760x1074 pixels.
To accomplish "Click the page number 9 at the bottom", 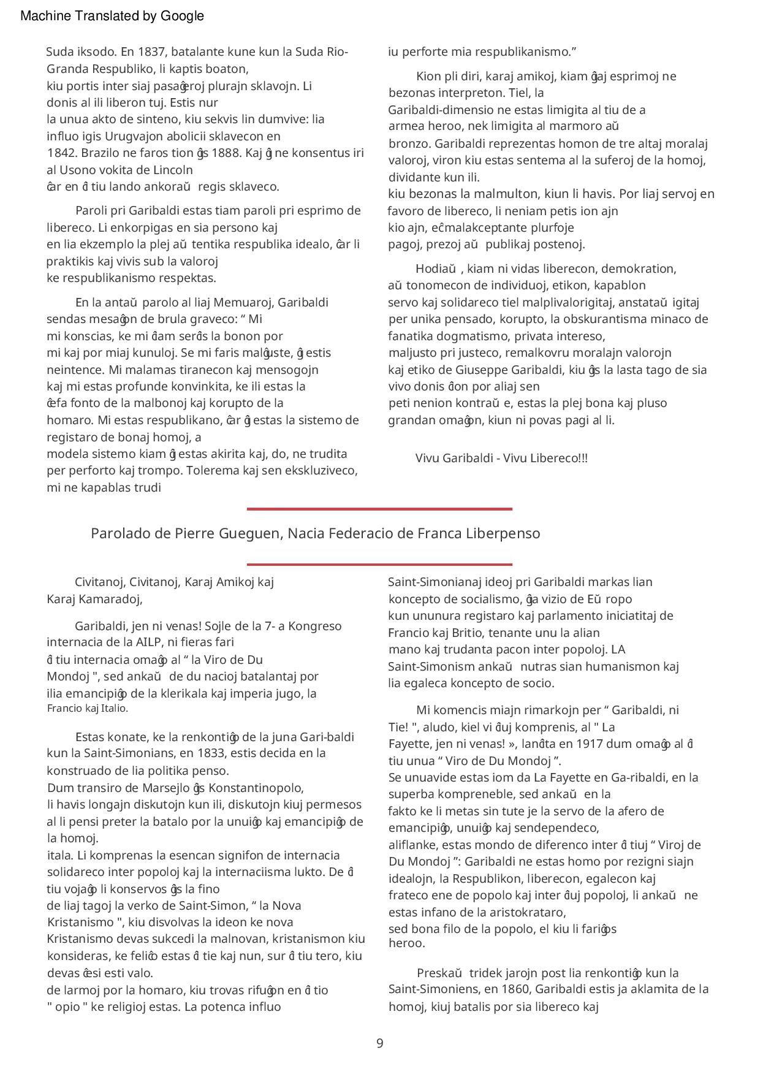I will (x=379, y=1043).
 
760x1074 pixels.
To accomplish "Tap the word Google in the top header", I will (x=182, y=16).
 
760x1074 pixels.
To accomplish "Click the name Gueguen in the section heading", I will (x=249, y=533).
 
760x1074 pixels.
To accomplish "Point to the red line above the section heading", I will (x=379, y=509).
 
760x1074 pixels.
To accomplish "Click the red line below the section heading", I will (x=379, y=564).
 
